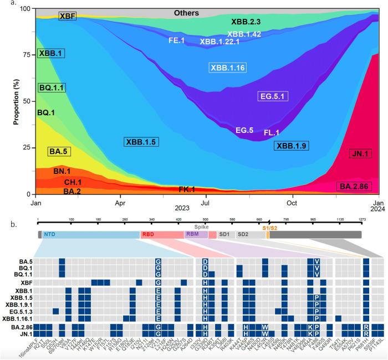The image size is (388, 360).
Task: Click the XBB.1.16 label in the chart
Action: coord(227,68)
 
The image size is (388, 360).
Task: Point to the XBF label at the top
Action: coord(67,17)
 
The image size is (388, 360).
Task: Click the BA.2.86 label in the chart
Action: coord(353,186)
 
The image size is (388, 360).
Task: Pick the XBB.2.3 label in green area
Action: coord(249,22)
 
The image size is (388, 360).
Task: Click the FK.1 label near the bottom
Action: coord(186,189)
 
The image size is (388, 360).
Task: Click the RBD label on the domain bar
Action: coord(148,234)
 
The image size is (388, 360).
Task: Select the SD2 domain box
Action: coord(243,234)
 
